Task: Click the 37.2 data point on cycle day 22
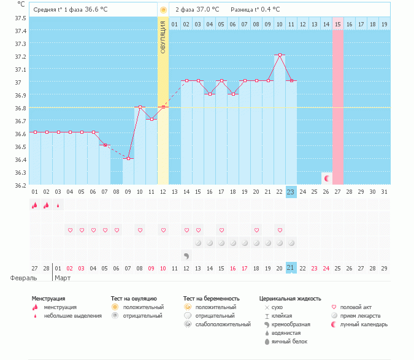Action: point(280,55)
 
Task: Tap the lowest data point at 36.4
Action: point(128,159)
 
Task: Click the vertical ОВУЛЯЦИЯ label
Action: point(163,37)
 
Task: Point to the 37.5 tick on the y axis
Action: point(20,18)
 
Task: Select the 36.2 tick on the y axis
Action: point(20,185)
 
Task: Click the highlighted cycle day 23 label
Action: point(291,192)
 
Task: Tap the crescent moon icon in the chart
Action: point(327,178)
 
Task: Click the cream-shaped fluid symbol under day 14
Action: point(186,255)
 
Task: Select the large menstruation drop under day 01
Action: point(35,205)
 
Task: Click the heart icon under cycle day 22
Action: point(280,230)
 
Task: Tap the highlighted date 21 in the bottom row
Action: point(291,268)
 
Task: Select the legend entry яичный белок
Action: point(293,341)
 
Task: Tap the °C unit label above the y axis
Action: point(21,4)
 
